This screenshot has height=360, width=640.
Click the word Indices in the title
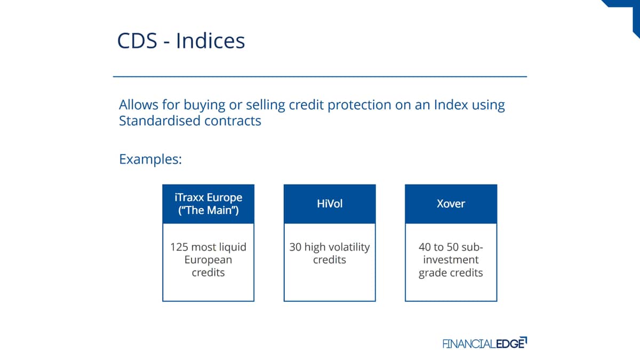coord(210,41)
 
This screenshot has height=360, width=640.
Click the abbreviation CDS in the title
coord(137,41)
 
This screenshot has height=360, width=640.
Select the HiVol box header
coord(330,204)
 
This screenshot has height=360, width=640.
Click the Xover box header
coord(451,204)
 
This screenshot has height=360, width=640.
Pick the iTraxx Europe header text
coord(209,197)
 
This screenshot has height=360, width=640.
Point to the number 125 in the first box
coord(179,247)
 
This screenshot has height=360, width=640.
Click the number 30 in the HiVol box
coord(295,247)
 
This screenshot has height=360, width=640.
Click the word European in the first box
coord(209,260)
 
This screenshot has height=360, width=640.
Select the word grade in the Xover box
coord(431,273)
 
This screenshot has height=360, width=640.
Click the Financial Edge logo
coord(485,343)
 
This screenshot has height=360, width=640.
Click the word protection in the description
coord(359,105)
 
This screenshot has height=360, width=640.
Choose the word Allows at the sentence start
coord(138,105)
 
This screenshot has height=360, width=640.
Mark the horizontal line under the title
coord(320,77)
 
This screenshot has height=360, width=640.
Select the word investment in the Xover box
coord(451,260)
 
